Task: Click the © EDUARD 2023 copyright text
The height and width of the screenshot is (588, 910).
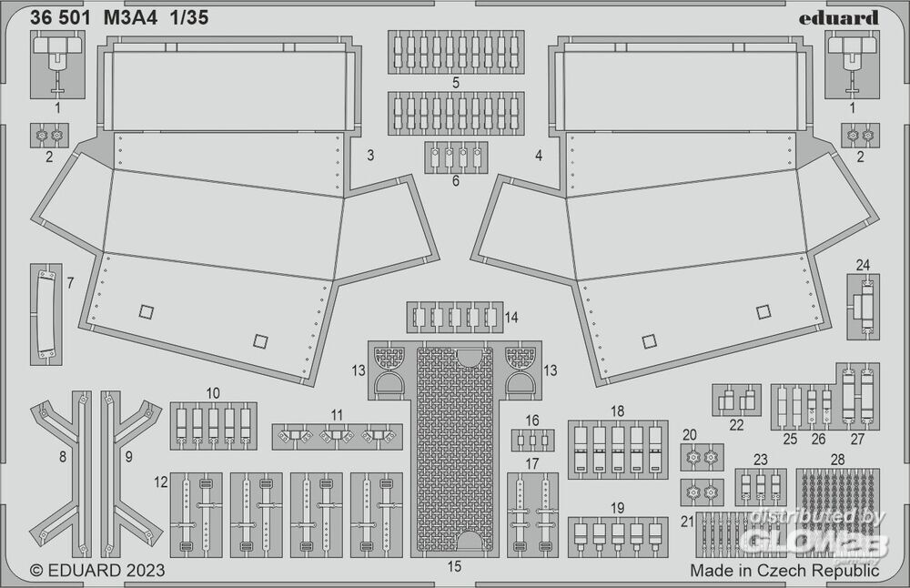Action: tap(97, 571)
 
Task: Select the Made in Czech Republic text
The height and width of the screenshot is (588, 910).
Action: tap(784, 571)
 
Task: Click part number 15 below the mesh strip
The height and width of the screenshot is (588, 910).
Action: tap(455, 566)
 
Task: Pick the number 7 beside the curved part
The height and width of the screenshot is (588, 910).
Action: tap(70, 282)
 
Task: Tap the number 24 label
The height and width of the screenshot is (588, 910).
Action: tap(863, 265)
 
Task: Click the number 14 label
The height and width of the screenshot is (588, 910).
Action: tap(511, 318)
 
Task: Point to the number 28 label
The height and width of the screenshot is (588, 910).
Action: tap(837, 459)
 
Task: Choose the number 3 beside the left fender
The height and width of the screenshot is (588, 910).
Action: tap(370, 156)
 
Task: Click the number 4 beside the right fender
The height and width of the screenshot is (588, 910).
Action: tap(539, 156)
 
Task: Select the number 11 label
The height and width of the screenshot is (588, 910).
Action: tap(338, 415)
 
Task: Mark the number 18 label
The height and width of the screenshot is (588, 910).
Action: tap(617, 411)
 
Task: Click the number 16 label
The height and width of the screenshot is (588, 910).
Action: tap(531, 420)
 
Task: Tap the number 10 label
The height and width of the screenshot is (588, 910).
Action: tap(213, 393)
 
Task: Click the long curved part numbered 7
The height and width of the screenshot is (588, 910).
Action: tap(45, 314)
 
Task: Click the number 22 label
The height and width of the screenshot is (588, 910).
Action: tap(736, 424)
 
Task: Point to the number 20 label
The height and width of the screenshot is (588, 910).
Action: tap(689, 434)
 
